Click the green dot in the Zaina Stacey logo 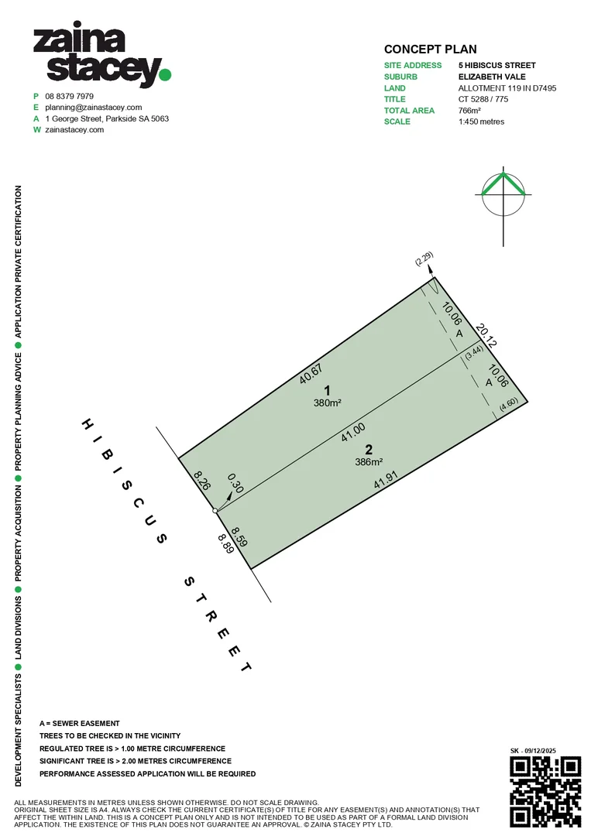point(165,74)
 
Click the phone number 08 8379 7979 point(70,97)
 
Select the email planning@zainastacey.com point(94,108)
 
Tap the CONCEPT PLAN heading point(431,50)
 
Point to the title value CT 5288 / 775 point(483,99)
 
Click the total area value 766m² point(469,111)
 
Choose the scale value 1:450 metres point(481,122)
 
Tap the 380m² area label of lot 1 point(328,403)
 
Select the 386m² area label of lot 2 point(369,462)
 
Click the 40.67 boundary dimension point(311,374)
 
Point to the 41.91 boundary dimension point(386,479)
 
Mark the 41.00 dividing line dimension point(353,433)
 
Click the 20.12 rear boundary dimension point(486,335)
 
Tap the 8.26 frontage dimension point(202,480)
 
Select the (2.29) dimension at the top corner point(424,259)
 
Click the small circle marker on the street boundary point(215,511)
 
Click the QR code point(545,791)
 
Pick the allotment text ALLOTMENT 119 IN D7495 point(507,88)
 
